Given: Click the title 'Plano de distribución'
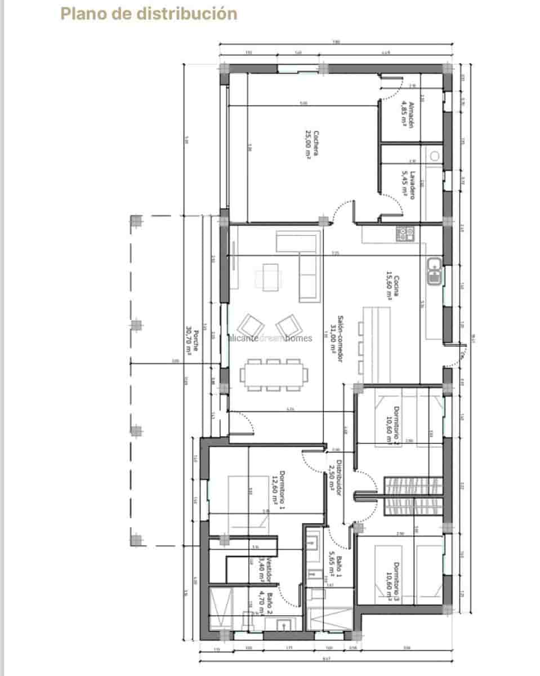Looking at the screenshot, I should pyautogui.click(x=149, y=14).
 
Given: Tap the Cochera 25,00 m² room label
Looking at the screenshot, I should pyautogui.click(x=313, y=145).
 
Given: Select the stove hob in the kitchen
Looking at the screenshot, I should pyautogui.click(x=404, y=233).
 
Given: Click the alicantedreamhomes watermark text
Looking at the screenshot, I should pyautogui.click(x=271, y=338).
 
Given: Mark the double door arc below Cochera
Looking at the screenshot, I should pyautogui.click(x=343, y=213).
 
